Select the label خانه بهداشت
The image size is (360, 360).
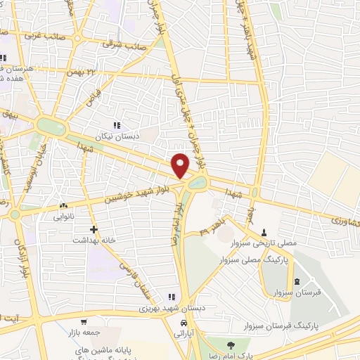94,239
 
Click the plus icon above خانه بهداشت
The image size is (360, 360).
94,229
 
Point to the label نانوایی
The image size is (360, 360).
64,217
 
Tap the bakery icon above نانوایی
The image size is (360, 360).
64,207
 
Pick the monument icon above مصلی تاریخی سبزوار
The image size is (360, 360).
264,233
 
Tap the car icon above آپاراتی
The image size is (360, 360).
184,323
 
